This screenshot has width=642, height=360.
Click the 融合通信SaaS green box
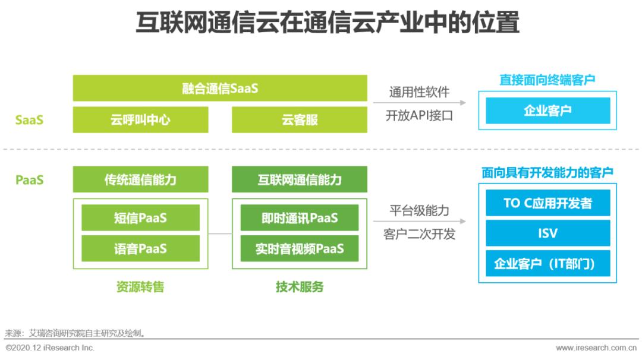pos(220,88)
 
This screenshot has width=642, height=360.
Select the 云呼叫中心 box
pos(140,120)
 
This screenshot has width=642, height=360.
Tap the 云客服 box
pos(299,120)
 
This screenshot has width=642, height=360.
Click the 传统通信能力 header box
pos(140,179)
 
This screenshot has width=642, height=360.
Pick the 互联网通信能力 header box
pos(299,179)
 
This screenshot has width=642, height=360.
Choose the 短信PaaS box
pos(140,217)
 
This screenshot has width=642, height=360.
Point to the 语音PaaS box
pos(140,248)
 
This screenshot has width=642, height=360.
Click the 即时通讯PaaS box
pos(299,217)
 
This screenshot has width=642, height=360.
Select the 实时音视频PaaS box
pos(299,248)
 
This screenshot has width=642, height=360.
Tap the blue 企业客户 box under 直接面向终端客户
pos(548,110)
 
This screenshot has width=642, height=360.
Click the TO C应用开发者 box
pos(548,203)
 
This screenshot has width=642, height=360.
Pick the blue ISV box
pos(548,233)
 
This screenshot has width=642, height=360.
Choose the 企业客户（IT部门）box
pos(548,263)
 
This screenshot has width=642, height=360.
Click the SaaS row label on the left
pos(29,120)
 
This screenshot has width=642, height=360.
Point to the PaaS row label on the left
pos(29,179)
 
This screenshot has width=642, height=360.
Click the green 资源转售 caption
pos(140,287)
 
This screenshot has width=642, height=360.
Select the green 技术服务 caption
pos(299,287)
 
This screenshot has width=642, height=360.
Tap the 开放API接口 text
pos(419,116)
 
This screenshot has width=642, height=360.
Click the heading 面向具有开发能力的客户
pos(547,173)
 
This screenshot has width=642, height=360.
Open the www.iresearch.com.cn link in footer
pos(596,348)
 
